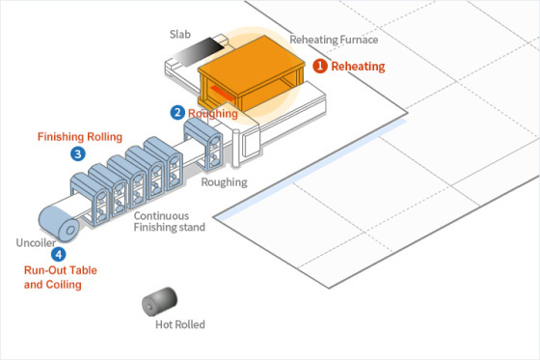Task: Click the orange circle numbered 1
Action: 319,67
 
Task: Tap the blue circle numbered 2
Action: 177,113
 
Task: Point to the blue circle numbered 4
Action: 59,255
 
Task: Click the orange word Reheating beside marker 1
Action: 358,67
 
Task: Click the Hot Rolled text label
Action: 180,324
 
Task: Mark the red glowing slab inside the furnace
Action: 220,94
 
